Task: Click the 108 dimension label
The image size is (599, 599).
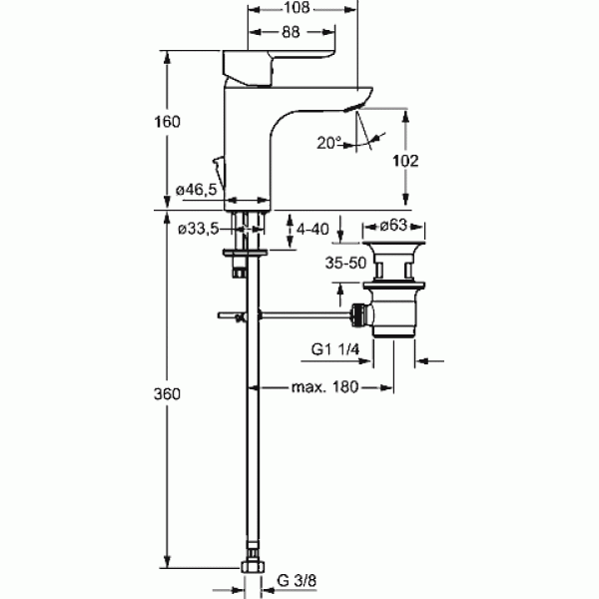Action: click(297, 7)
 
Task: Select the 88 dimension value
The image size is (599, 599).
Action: click(291, 32)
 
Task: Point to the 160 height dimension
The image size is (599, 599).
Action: click(167, 122)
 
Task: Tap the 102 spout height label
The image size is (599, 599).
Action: click(405, 161)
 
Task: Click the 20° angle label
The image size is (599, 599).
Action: click(328, 143)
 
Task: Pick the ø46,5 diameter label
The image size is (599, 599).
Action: click(196, 189)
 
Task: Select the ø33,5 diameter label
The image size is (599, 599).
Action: click(199, 230)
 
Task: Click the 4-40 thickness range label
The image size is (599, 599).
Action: click(312, 230)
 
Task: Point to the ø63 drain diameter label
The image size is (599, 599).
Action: click(393, 226)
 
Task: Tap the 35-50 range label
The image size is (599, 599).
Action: click(345, 263)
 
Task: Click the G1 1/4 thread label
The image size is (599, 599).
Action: click(335, 349)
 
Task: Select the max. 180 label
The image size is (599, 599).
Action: click(325, 387)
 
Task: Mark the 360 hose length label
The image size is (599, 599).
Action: click(167, 394)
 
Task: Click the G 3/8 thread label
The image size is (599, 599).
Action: click(297, 581)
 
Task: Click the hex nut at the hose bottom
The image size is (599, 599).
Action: click(253, 566)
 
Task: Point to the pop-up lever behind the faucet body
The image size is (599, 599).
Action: click(220, 173)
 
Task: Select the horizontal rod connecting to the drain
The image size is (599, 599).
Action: click(285, 315)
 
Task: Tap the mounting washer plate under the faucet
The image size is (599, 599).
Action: click(245, 253)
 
